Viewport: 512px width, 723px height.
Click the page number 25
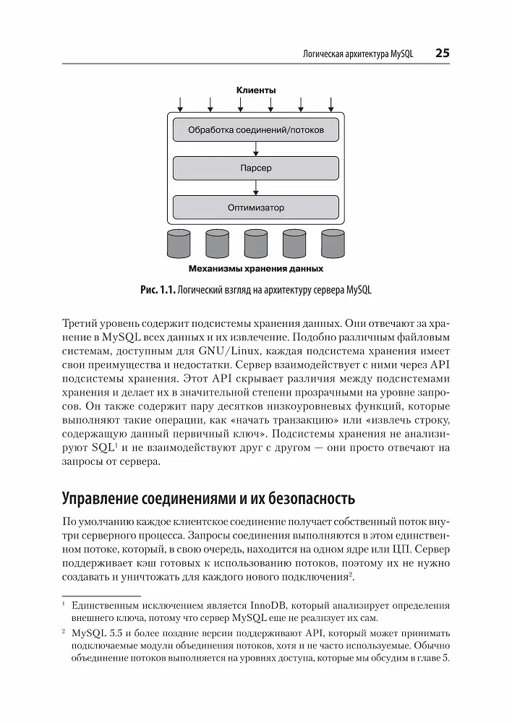click(x=443, y=54)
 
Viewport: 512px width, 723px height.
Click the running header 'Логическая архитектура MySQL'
click(x=356, y=54)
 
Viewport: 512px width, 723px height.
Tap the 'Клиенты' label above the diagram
click(x=256, y=90)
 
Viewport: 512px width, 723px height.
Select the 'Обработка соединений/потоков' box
click(x=256, y=130)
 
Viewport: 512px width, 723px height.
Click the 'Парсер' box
click(x=256, y=168)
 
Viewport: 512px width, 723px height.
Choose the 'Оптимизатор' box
click(x=256, y=208)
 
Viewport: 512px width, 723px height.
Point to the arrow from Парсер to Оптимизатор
click(x=256, y=188)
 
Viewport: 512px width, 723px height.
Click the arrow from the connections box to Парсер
click(x=256, y=149)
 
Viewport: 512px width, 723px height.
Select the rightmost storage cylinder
click(x=333, y=244)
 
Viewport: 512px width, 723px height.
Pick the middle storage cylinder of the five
click(x=256, y=244)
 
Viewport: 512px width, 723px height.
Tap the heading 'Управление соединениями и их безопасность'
click(x=209, y=498)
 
